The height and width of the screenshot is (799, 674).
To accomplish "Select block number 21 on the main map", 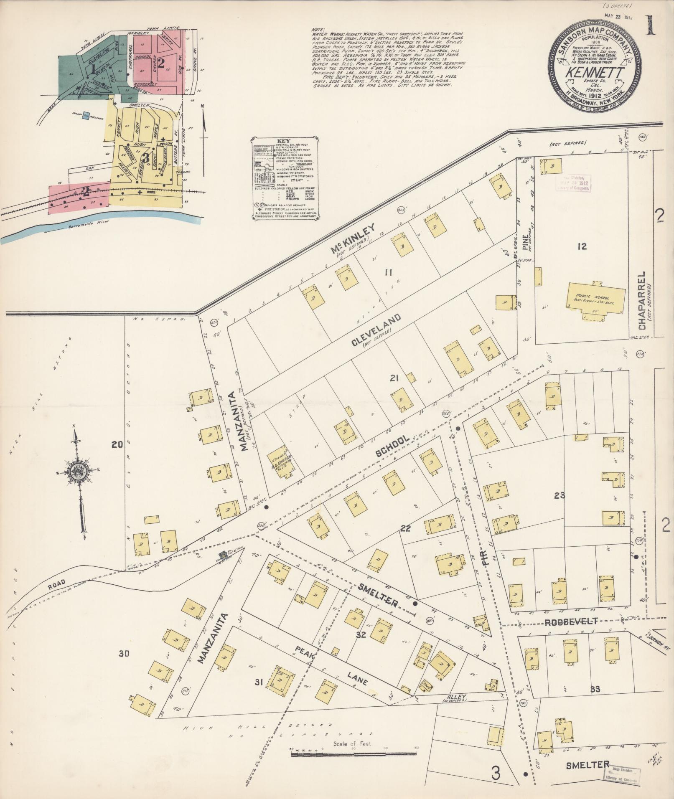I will (x=395, y=378).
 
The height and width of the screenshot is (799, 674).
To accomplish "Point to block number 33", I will (x=595, y=689).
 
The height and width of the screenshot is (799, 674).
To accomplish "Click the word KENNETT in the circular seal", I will (x=595, y=72).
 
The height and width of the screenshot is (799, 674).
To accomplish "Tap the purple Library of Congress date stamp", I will (x=572, y=182).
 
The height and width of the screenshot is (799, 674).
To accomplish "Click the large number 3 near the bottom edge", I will (x=496, y=774).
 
